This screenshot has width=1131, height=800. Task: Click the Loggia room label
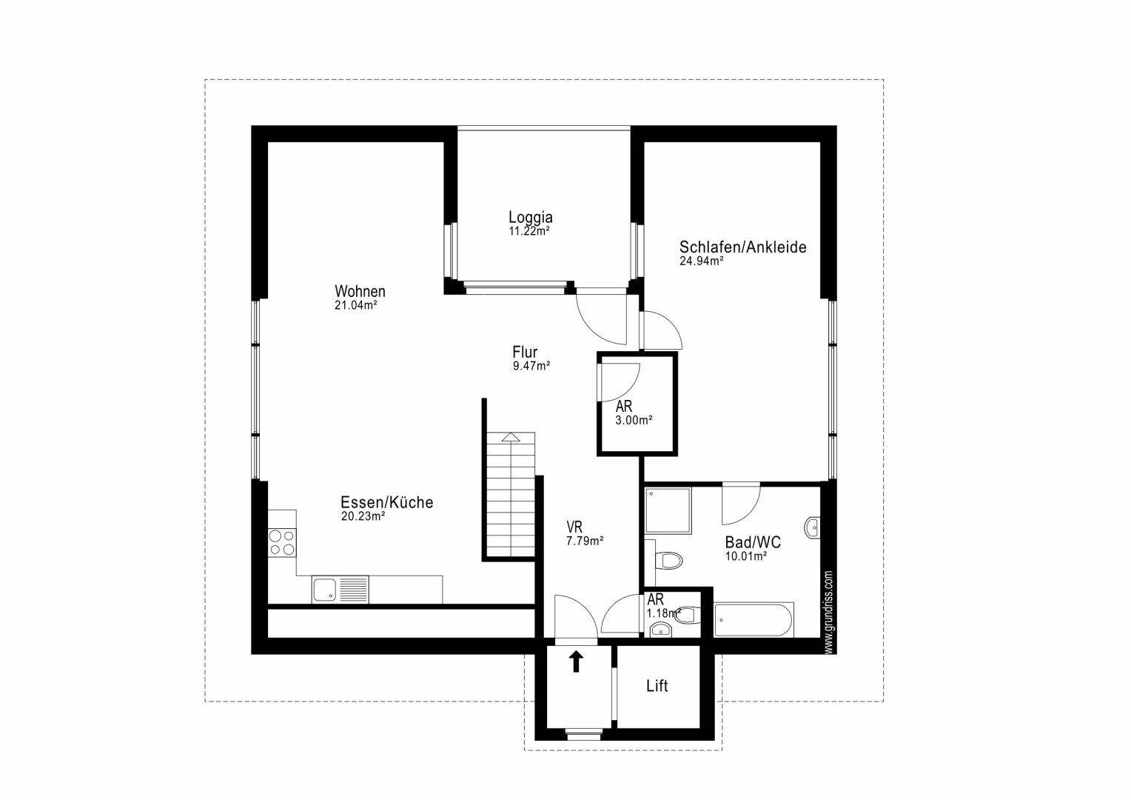(530, 218)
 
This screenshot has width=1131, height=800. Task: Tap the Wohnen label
(360, 291)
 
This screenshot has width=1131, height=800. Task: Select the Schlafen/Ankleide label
(742, 247)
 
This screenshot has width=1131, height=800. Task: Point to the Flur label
(525, 353)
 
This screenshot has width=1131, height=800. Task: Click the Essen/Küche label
(386, 502)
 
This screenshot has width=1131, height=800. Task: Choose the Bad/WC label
(753, 543)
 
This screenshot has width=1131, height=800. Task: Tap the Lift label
(657, 686)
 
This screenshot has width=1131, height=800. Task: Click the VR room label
(574, 527)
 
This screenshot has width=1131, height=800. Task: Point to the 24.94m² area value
(701, 261)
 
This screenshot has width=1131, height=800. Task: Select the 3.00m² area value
(634, 420)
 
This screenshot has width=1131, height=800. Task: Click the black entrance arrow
(575, 661)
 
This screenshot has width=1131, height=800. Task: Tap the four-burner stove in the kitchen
(281, 542)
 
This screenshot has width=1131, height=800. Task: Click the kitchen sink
(326, 590)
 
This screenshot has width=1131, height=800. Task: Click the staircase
(510, 496)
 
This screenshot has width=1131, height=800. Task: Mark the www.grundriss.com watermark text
(828, 612)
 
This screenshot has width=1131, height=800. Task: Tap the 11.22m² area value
(528, 231)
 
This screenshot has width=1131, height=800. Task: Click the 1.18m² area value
(663, 613)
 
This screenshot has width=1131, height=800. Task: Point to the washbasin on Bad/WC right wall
(813, 527)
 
